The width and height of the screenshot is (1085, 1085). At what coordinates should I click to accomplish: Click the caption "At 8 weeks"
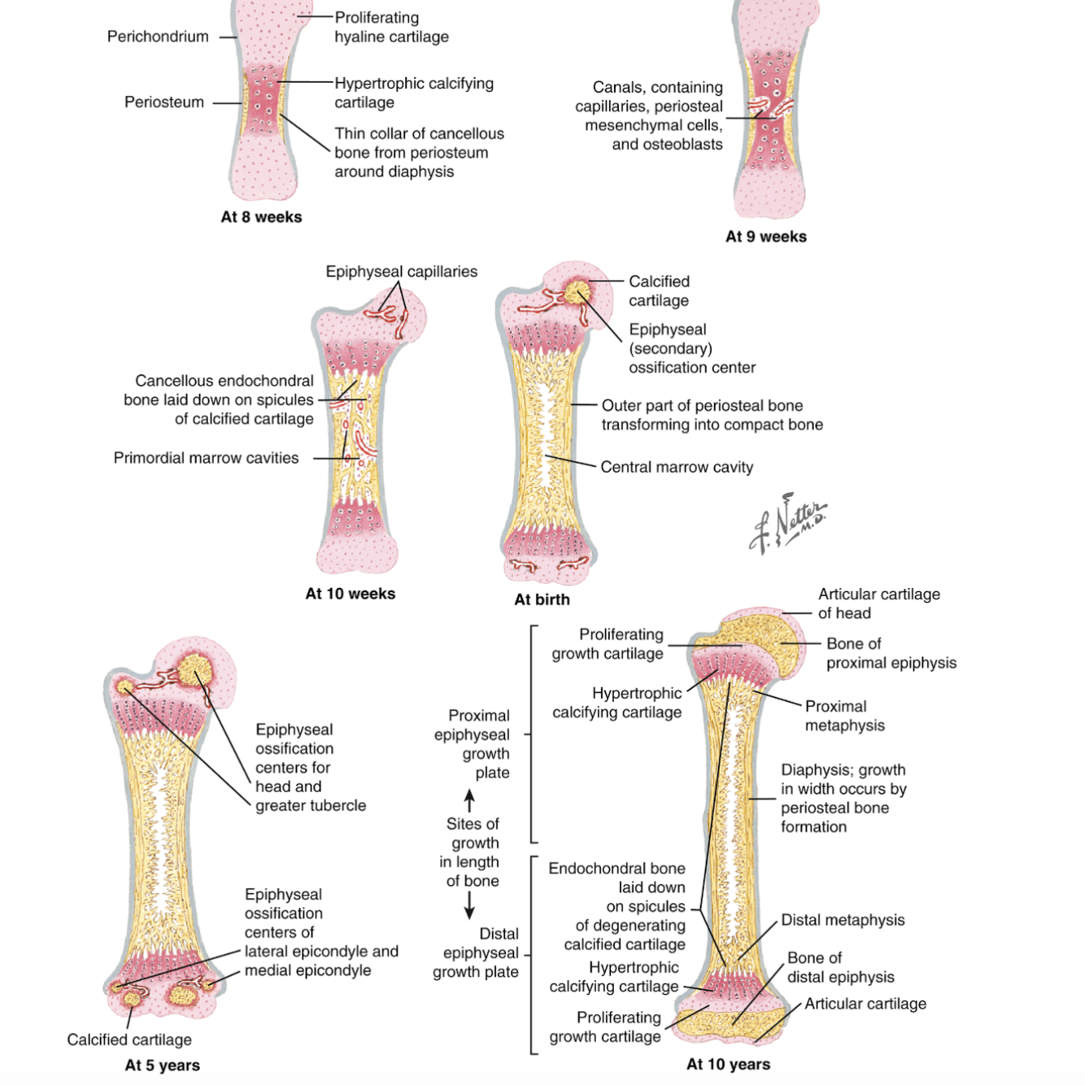point(261,217)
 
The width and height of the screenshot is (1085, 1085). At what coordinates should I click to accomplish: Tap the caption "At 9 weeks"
point(765,237)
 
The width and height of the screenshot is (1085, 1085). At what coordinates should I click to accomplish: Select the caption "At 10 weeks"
point(350,594)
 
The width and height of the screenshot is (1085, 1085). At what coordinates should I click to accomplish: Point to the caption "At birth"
point(542,599)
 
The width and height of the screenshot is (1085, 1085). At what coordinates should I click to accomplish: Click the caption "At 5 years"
point(162,1065)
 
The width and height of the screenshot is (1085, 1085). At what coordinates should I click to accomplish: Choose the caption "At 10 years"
point(728,1065)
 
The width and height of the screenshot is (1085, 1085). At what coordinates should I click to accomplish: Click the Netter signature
point(787,522)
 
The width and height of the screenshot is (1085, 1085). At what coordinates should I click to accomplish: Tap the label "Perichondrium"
point(158,37)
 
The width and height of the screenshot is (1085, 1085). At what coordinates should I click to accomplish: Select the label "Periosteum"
point(163,102)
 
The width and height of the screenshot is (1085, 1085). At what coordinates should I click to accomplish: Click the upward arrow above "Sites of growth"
point(469,800)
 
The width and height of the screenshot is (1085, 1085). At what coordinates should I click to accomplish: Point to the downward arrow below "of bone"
point(469,904)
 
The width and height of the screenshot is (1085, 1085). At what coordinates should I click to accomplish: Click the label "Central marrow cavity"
point(677,468)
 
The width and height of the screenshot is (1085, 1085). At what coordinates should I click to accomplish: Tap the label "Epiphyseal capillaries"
point(401,272)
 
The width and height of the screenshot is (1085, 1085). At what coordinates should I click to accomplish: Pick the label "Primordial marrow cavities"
point(206,458)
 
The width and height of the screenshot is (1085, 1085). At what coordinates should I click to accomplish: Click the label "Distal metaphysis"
point(843,921)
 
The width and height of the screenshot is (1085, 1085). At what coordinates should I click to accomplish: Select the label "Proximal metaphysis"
point(844,716)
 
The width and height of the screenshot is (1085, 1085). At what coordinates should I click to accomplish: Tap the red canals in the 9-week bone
point(769,107)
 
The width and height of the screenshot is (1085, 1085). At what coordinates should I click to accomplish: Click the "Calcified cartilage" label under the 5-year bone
point(129,1039)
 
